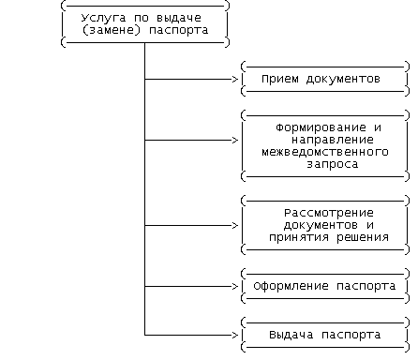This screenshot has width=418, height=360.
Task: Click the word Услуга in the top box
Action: (x=103, y=18)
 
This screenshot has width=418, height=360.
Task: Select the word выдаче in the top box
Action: (x=179, y=18)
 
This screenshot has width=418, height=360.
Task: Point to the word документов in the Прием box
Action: (x=343, y=79)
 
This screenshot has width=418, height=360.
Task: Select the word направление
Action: (x=333, y=140)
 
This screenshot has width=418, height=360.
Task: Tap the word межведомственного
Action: (x=325, y=152)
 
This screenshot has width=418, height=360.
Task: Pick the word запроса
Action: (x=333, y=164)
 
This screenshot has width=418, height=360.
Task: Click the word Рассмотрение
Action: (x=329, y=213)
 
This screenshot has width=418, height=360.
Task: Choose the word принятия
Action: (x=299, y=237)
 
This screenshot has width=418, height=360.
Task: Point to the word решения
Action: (x=363, y=237)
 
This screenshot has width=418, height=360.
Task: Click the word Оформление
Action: (x=291, y=286)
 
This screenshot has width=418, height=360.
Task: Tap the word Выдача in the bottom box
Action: (x=291, y=335)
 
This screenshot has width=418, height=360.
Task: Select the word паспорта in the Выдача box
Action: (x=351, y=335)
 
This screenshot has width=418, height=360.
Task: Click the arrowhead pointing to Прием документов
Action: (x=235, y=80)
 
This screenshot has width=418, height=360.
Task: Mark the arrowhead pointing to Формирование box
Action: (x=235, y=141)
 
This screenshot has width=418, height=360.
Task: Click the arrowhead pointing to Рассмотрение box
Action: (x=235, y=225)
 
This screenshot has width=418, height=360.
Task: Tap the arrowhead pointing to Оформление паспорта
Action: (x=235, y=286)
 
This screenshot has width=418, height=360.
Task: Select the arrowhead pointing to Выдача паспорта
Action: (x=235, y=335)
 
